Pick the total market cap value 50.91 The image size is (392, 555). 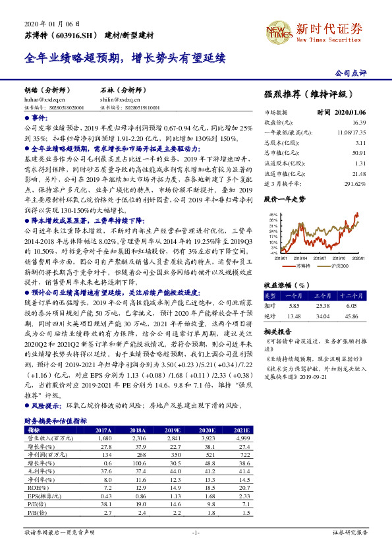(358, 153)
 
